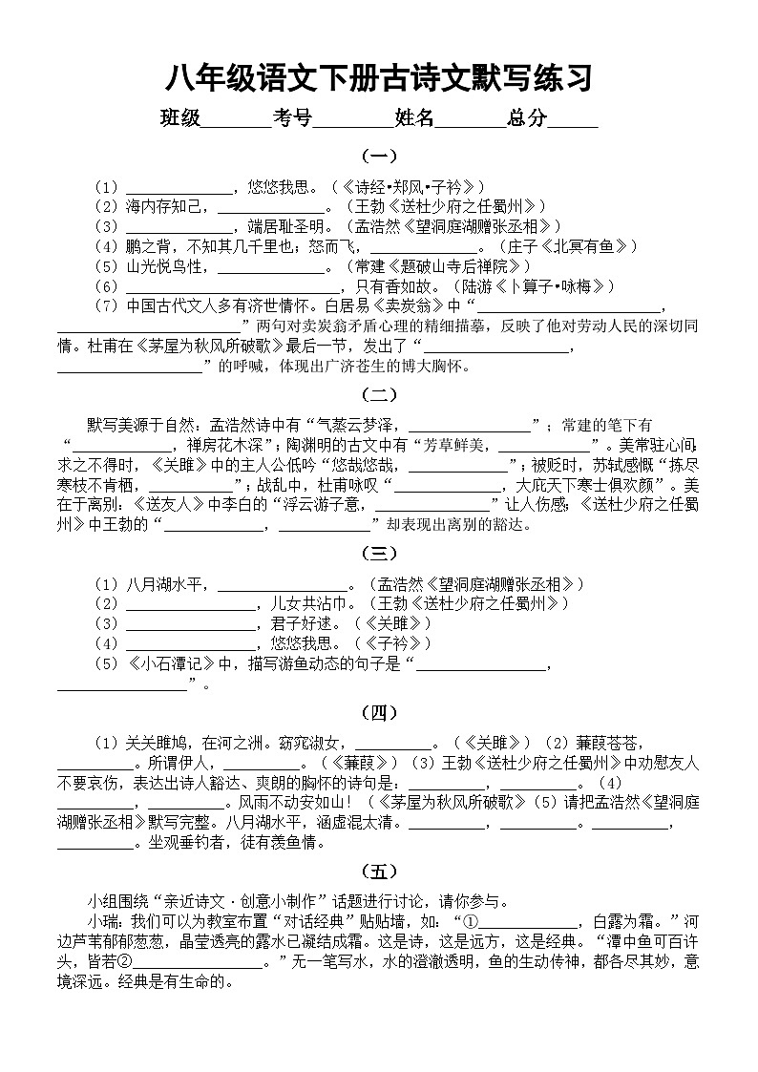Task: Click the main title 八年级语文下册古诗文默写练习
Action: (379, 76)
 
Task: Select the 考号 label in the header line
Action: (292, 118)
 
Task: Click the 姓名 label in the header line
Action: (414, 118)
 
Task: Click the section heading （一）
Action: (379, 156)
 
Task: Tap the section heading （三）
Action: (379, 553)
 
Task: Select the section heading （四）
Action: (379, 711)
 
